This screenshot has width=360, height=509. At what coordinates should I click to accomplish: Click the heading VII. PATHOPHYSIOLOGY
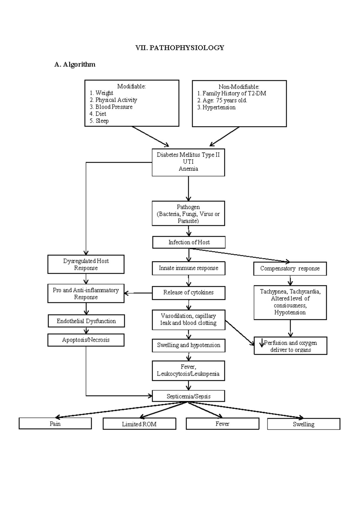pyautogui.click(x=179, y=48)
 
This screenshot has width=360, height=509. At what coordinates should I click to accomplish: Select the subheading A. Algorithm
pyautogui.click(x=75, y=64)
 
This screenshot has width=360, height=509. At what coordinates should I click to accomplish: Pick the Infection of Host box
pyautogui.click(x=189, y=242)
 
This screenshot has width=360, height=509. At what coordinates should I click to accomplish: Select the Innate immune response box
pyautogui.click(x=188, y=268)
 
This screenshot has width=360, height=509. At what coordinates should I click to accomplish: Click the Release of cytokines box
pyautogui.click(x=188, y=292)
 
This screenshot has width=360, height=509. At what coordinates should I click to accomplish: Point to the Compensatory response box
pyautogui.click(x=290, y=268)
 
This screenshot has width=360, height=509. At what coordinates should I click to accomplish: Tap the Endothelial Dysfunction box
pyautogui.click(x=86, y=321)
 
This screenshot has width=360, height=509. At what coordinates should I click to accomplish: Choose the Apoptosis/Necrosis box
pyautogui.click(x=86, y=340)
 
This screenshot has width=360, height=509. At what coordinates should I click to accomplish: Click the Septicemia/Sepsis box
pyautogui.click(x=188, y=396)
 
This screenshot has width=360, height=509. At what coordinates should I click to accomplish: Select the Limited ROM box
pyautogui.click(x=139, y=424)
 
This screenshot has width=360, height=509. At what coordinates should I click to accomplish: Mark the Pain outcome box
pyautogui.click(x=55, y=423)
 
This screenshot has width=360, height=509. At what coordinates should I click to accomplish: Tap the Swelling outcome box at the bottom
pyautogui.click(x=304, y=424)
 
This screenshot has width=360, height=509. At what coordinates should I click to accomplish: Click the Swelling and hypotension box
pyautogui.click(x=188, y=345)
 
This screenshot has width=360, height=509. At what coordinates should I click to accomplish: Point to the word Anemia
pyautogui.click(x=188, y=169)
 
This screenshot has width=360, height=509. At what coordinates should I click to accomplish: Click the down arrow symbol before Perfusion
pyautogui.click(x=262, y=343)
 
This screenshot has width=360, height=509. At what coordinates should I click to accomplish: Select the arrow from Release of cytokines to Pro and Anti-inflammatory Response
pyautogui.click(x=138, y=293)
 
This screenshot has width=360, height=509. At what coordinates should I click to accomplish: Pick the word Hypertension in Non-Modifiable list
pyautogui.click(x=219, y=107)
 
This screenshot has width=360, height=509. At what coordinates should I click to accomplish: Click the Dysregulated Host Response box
pyautogui.click(x=86, y=264)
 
